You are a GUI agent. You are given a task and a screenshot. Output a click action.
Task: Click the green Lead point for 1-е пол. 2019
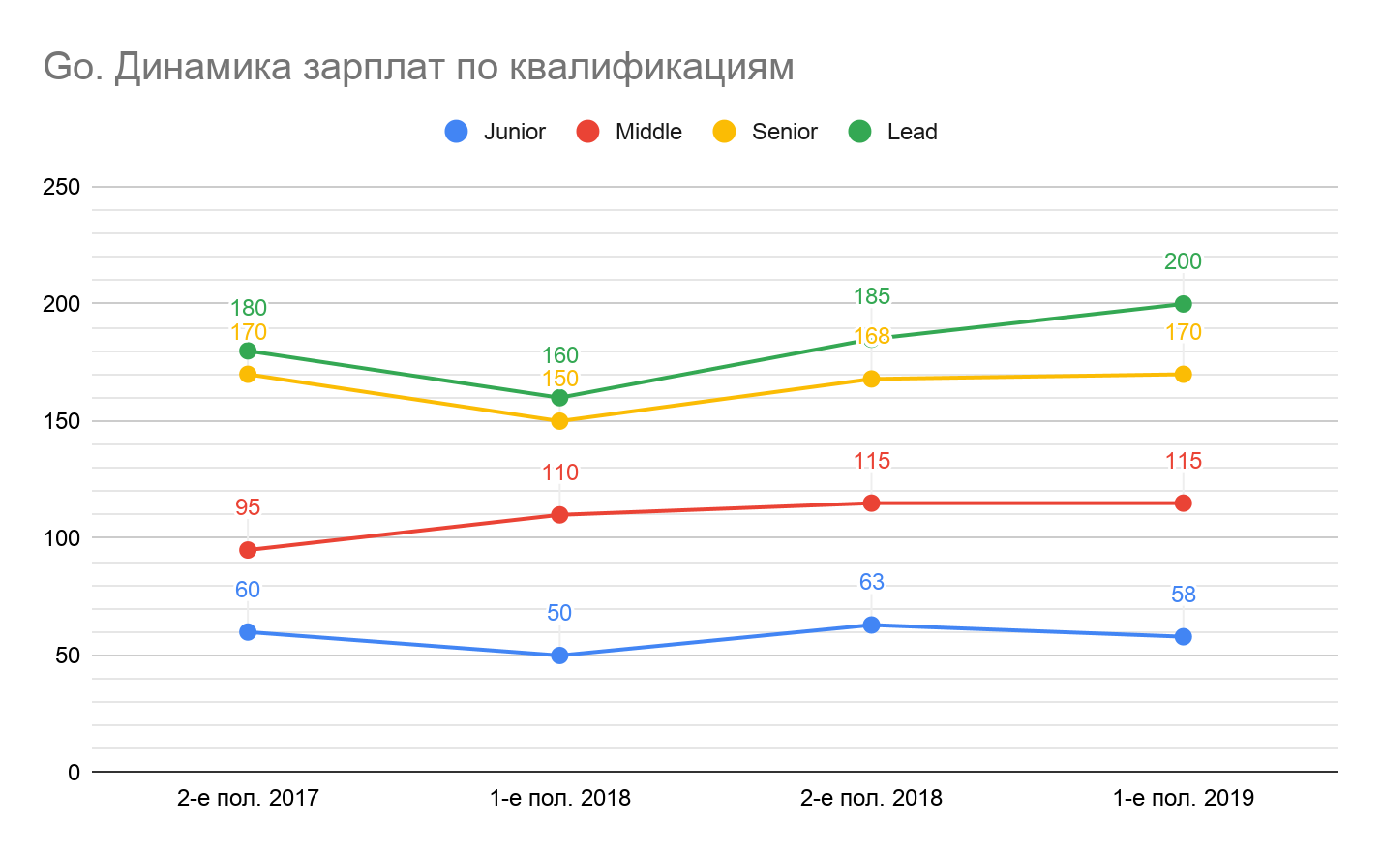(1183, 304)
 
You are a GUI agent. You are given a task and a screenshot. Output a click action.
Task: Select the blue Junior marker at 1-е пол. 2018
(559, 656)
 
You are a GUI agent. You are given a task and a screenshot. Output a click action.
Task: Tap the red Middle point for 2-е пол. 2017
(248, 550)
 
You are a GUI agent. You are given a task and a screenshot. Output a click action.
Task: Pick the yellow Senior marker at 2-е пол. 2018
(871, 379)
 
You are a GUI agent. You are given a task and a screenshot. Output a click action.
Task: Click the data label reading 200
(1183, 261)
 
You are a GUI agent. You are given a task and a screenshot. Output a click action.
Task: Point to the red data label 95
(248, 507)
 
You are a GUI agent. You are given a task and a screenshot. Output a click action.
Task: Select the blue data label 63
(871, 582)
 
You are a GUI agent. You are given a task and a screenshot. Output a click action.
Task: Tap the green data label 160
(559, 355)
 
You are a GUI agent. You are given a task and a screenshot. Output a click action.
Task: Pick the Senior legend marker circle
(724, 132)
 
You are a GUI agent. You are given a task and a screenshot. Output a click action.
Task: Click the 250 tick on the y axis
(62, 187)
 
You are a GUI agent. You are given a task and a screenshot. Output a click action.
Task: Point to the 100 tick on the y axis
(62, 538)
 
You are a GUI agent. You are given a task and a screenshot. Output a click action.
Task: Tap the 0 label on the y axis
(74, 773)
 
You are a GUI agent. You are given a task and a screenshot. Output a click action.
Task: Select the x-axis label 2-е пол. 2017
(248, 798)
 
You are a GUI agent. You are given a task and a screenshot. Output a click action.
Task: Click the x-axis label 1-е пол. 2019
(1183, 798)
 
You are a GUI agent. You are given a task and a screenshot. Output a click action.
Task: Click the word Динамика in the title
(203, 68)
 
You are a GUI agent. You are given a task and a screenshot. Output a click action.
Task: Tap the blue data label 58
(1183, 595)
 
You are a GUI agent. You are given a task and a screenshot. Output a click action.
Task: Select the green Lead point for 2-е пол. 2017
(248, 351)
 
